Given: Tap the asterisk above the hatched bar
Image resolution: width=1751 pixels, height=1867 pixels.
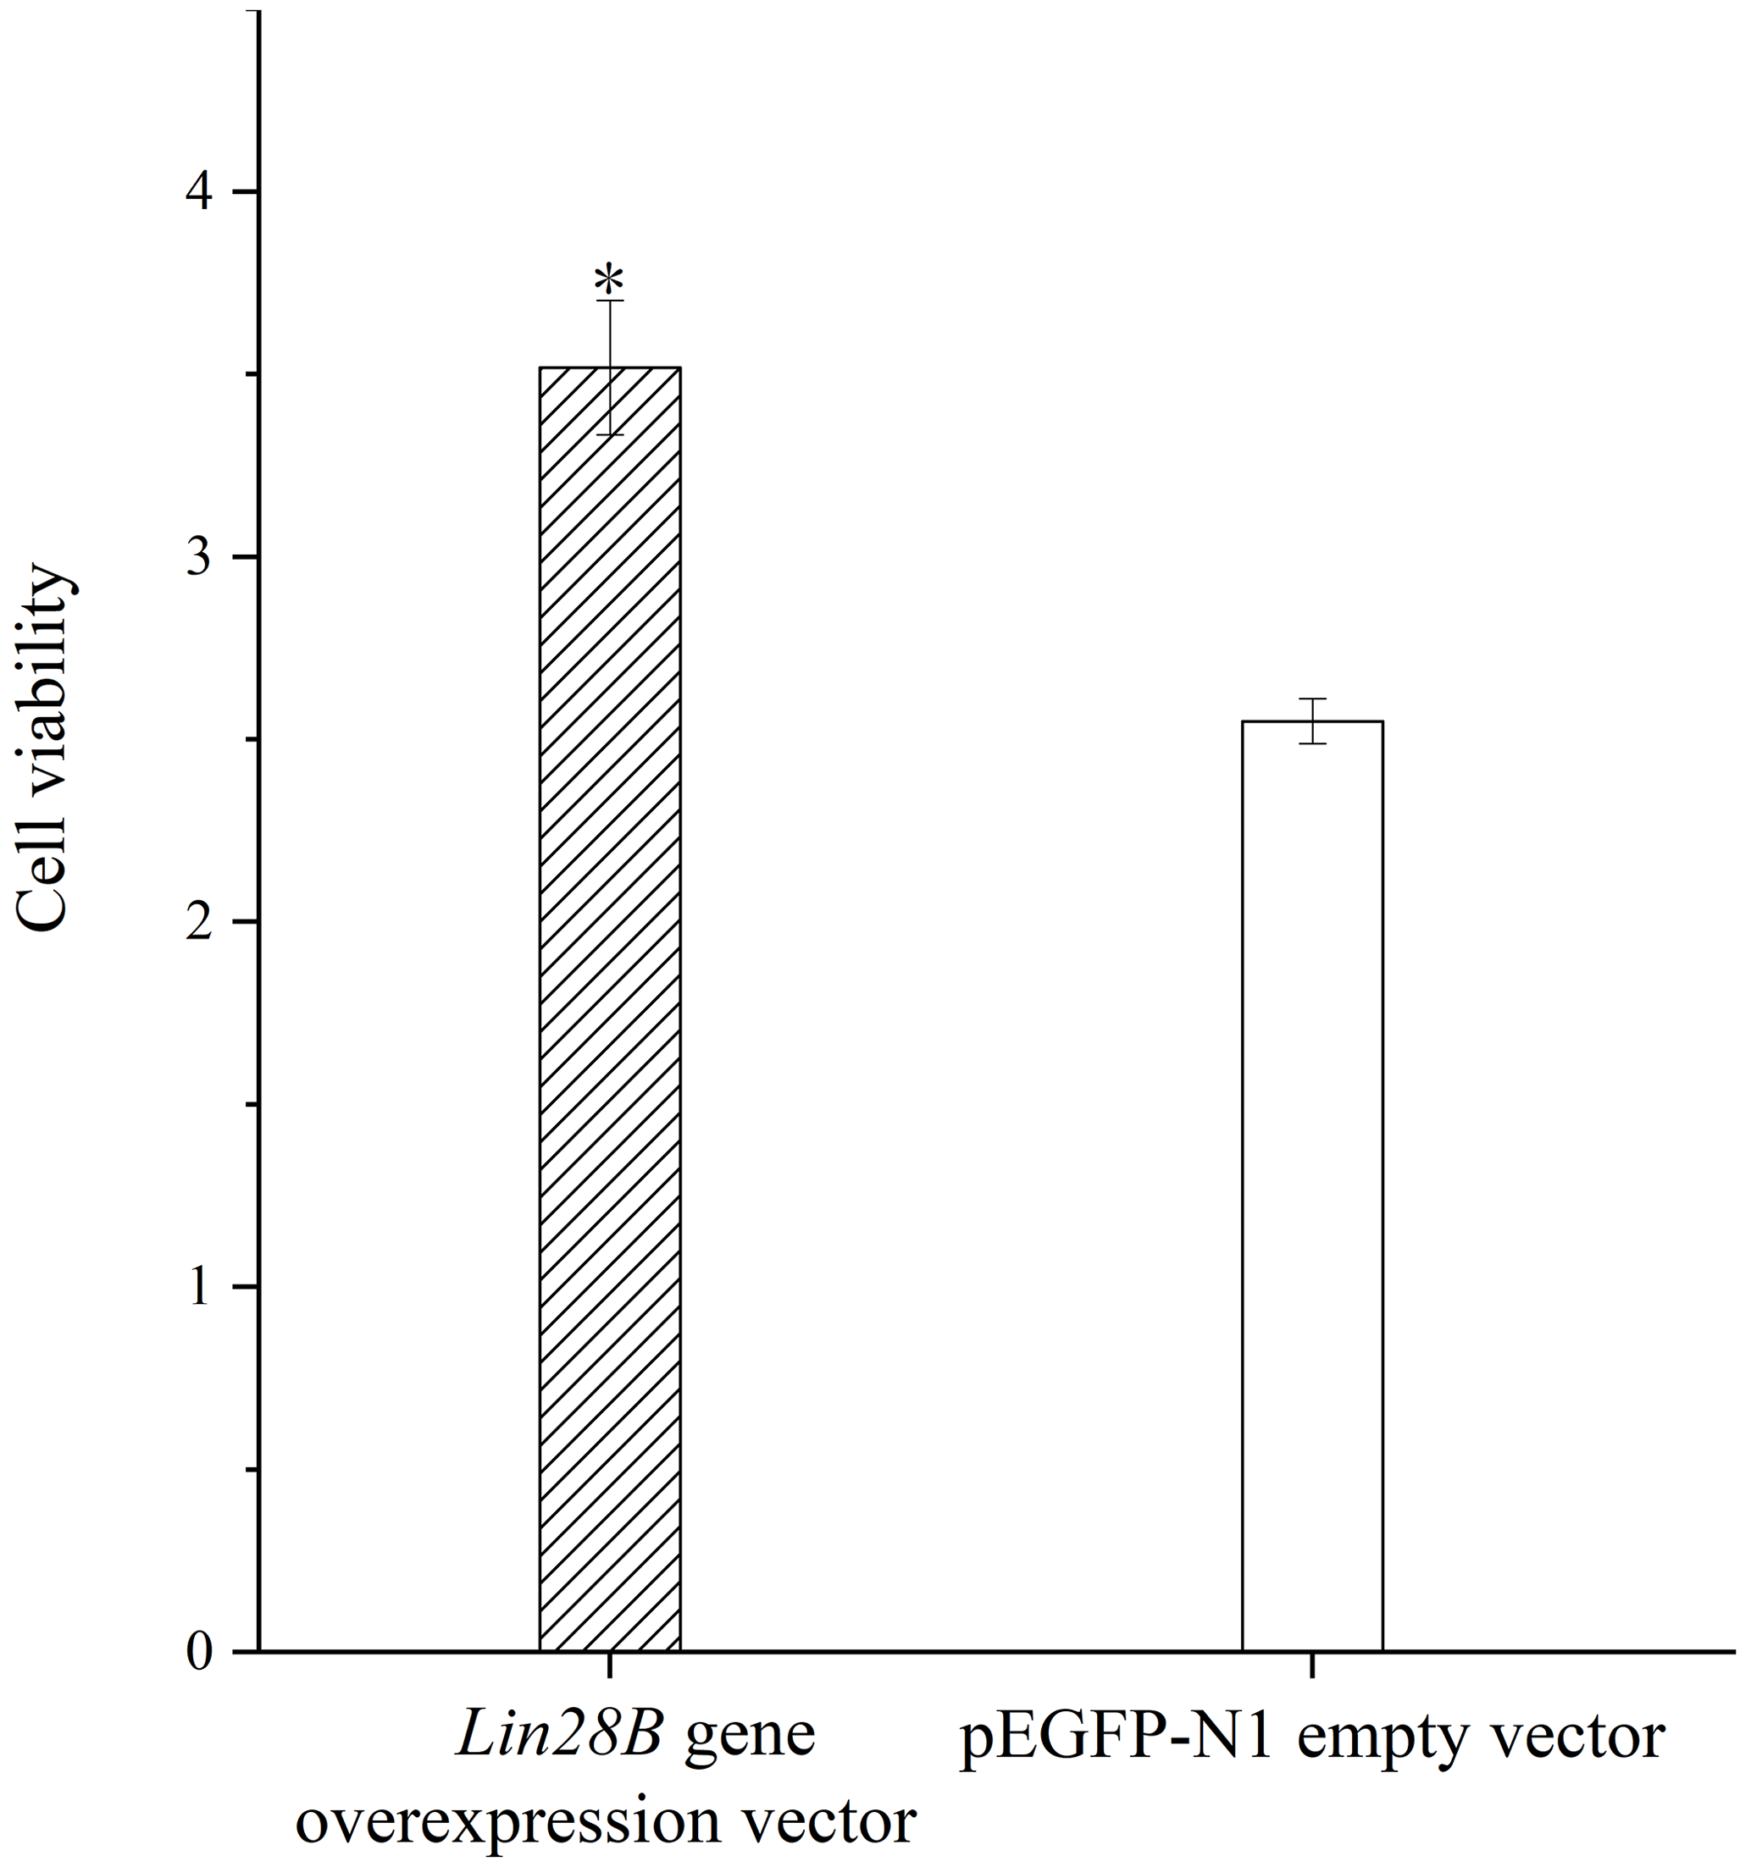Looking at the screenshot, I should [x=609, y=280].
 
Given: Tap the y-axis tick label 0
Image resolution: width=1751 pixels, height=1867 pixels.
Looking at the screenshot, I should [x=198, y=1653].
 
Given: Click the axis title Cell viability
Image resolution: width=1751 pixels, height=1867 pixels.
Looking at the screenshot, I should [x=43, y=747].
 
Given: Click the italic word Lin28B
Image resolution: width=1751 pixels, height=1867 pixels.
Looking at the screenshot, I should [x=560, y=1737].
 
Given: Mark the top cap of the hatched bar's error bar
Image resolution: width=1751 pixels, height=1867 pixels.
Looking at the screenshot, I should [x=610, y=301].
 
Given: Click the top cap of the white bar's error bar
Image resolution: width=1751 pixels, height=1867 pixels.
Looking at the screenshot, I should [x=1312, y=699].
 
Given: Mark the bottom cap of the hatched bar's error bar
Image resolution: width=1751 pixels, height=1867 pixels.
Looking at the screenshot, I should [x=610, y=435].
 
